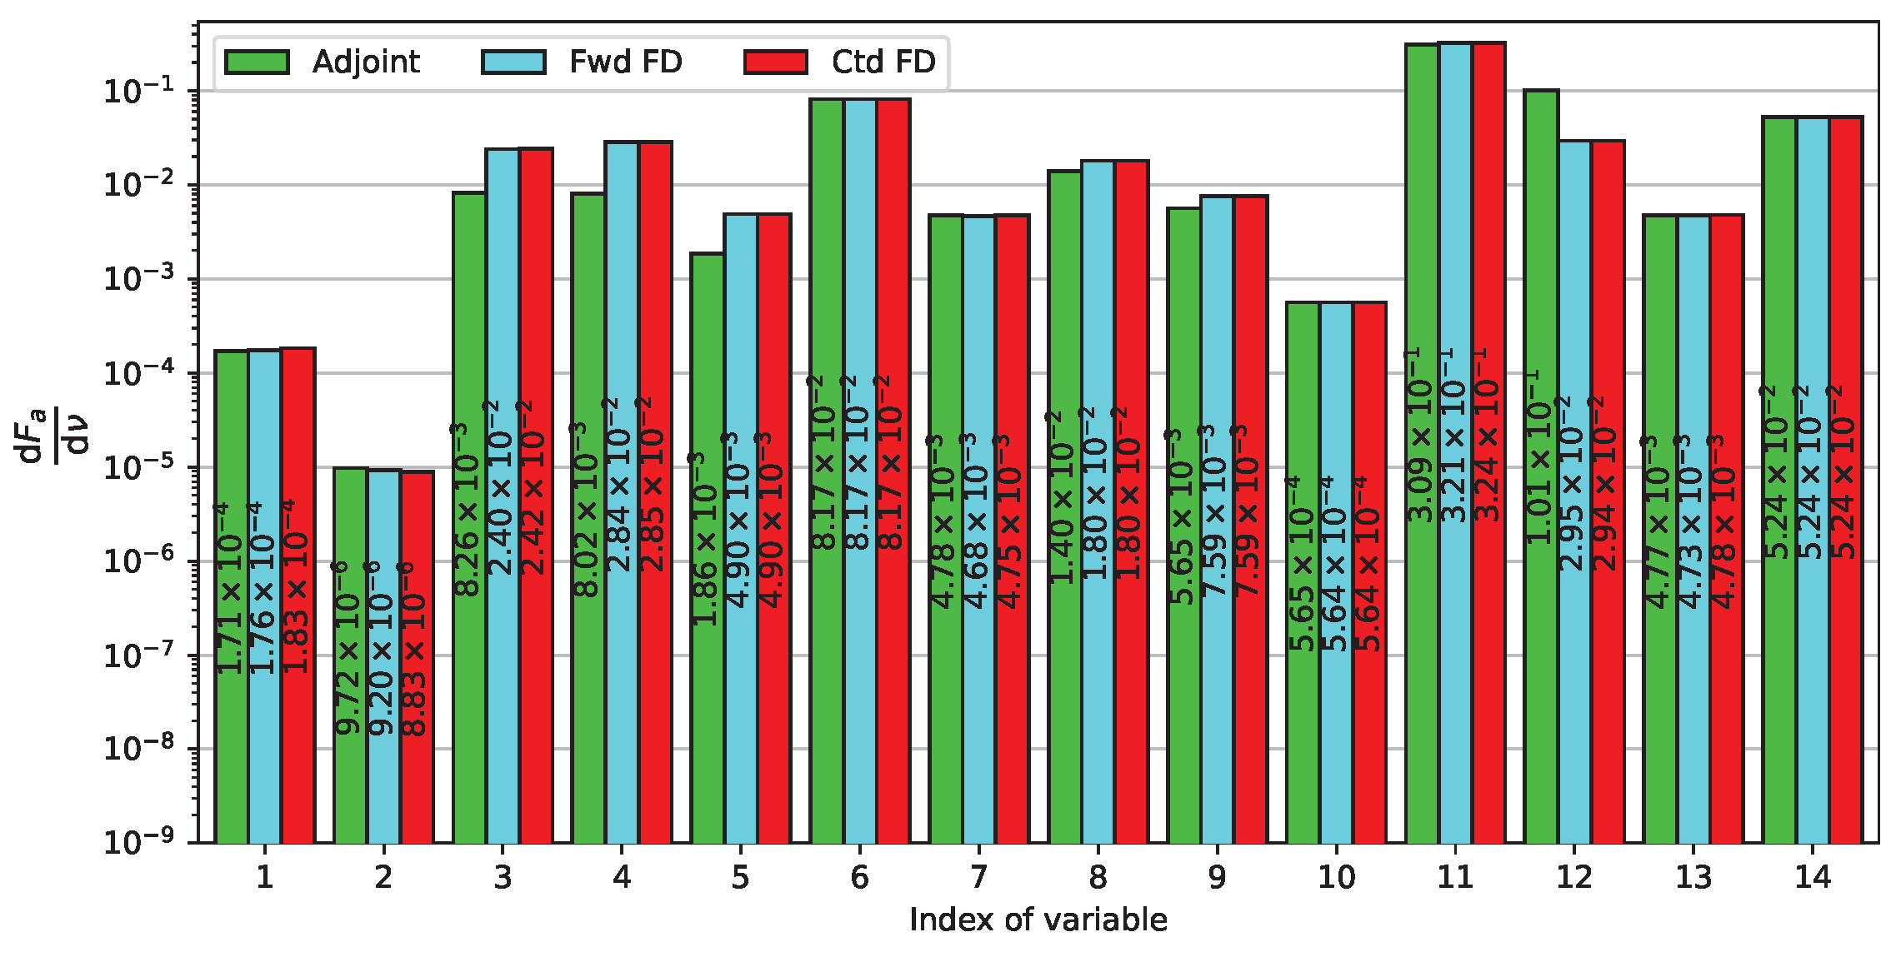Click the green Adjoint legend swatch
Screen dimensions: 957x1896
[x=257, y=62]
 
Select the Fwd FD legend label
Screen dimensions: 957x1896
[x=625, y=62]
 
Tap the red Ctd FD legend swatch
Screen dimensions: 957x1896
[x=775, y=62]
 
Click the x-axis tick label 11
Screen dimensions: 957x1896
[x=1455, y=877]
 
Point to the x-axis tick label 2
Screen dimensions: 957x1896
[x=383, y=877]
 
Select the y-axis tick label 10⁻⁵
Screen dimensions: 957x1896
[x=138, y=467]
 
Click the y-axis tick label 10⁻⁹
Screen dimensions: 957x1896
[x=138, y=842]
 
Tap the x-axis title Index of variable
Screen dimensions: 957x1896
[x=1038, y=920]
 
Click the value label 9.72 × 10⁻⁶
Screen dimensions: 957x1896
[x=348, y=650]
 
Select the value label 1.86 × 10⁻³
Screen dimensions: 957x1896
[x=706, y=539]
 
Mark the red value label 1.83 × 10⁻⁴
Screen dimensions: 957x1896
[x=297, y=586]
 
